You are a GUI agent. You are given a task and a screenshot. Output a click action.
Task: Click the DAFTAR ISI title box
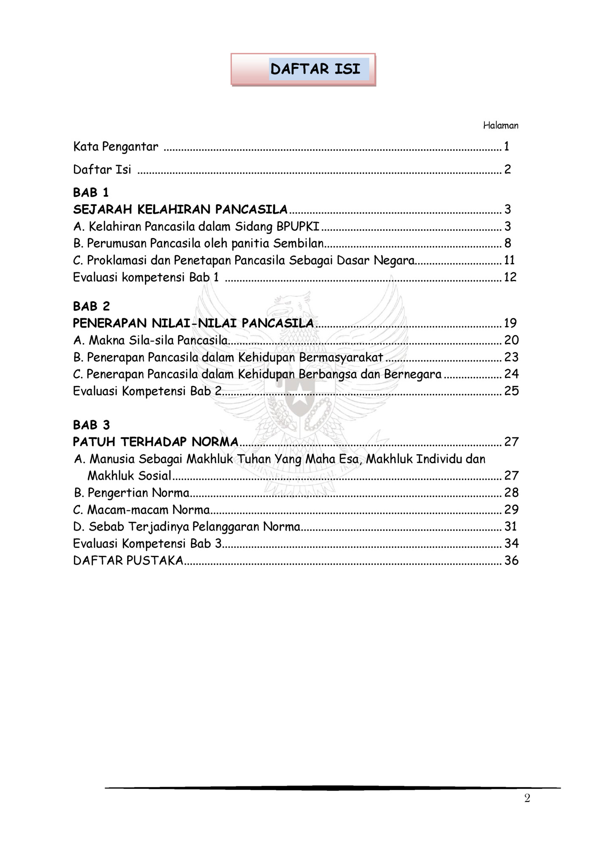pyautogui.click(x=303, y=69)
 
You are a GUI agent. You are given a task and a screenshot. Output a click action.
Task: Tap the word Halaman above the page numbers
pyautogui.click(x=500, y=125)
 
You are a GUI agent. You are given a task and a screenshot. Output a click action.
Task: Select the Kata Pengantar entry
pyautogui.click(x=116, y=146)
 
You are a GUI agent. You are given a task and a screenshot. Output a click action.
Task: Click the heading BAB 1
pyautogui.click(x=91, y=192)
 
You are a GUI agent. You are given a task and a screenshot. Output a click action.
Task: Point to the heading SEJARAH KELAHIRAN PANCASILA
pyautogui.click(x=180, y=209)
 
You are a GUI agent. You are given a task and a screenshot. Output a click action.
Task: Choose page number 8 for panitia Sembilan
pyautogui.click(x=508, y=243)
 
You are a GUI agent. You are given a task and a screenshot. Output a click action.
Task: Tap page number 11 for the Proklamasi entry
pyautogui.click(x=510, y=260)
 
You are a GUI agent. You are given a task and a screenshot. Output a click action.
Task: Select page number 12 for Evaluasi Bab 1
pyautogui.click(x=510, y=277)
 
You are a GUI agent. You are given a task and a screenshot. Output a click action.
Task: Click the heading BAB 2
pyautogui.click(x=91, y=306)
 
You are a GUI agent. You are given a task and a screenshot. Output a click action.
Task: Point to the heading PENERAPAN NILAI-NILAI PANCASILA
pyautogui.click(x=193, y=323)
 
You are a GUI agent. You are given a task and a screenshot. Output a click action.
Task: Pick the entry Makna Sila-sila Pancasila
pyautogui.click(x=150, y=340)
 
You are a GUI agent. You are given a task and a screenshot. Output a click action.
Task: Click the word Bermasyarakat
pyautogui.click(x=341, y=358)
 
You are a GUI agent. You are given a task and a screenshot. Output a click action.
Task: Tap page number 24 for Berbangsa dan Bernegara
pyautogui.click(x=511, y=374)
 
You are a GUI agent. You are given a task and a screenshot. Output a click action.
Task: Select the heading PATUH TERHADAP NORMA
pyautogui.click(x=156, y=442)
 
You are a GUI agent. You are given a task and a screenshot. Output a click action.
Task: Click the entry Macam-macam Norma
pyautogui.click(x=142, y=510)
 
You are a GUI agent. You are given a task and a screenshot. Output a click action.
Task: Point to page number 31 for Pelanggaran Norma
pyautogui.click(x=511, y=526)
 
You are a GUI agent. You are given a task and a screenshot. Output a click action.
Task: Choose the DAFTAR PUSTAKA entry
pyautogui.click(x=128, y=561)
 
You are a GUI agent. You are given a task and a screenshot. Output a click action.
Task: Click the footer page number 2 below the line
pyautogui.click(x=527, y=798)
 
